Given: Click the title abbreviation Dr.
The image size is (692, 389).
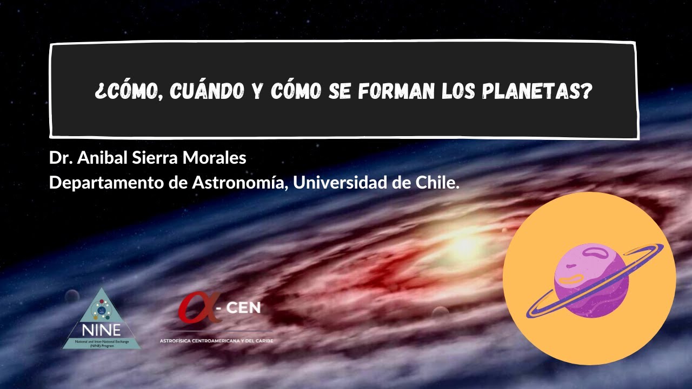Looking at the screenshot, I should tap(60, 158).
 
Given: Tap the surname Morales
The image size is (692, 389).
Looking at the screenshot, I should tap(214, 158).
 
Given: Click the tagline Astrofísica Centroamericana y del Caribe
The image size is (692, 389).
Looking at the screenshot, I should tap(216, 341).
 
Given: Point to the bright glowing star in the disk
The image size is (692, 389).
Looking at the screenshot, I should tap(463, 245).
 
